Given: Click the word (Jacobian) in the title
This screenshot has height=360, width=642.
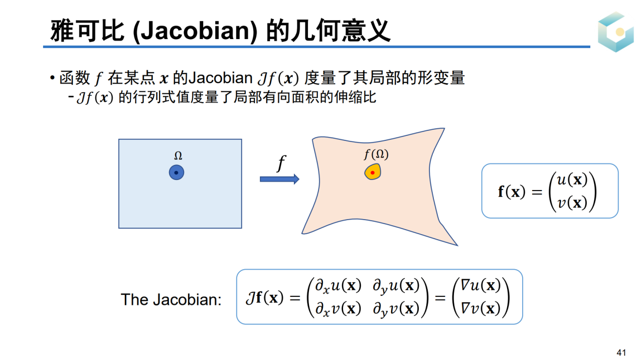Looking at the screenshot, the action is (x=195, y=31).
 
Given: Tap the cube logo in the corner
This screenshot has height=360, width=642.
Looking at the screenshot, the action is (x=616, y=32).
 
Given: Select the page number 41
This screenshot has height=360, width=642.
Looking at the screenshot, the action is (x=621, y=352).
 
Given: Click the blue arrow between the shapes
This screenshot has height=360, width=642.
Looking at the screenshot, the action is (x=279, y=179).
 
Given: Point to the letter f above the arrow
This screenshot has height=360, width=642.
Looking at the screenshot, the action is (x=281, y=163).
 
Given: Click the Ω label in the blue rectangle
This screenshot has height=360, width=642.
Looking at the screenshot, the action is (x=178, y=155).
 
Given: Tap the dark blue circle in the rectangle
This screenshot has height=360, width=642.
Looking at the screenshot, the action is (x=176, y=172).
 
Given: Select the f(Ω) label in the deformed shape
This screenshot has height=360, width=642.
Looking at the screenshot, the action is (x=376, y=154).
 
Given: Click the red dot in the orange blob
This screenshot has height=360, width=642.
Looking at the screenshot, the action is (x=373, y=172).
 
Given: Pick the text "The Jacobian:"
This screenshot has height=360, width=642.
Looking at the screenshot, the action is (x=171, y=300).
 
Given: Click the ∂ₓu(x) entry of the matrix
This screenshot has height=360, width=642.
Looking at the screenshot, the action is (x=338, y=286).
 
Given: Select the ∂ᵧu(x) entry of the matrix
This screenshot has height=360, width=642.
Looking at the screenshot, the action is (x=396, y=286).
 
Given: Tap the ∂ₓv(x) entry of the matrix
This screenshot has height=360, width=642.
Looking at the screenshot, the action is (x=338, y=309).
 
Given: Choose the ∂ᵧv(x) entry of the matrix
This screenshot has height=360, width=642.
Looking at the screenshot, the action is (x=396, y=309).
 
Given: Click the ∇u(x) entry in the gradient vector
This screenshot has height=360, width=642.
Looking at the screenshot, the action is (x=480, y=285).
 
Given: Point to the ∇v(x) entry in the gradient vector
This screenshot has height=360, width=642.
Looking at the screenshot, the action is (x=480, y=309).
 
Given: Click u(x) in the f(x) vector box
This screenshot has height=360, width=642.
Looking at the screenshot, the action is (x=572, y=180).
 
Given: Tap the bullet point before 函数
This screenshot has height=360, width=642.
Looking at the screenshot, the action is (x=52, y=78).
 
